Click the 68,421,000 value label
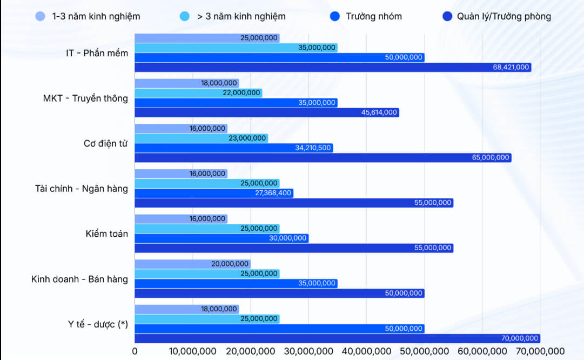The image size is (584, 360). click(x=511, y=68)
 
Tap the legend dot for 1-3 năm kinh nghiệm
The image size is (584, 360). click(x=41, y=16)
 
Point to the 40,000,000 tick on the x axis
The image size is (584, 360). click(x=366, y=351)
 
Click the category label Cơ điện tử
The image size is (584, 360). click(x=106, y=143)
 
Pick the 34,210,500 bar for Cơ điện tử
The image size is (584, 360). click(x=233, y=148)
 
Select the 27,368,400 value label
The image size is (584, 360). click(x=273, y=193)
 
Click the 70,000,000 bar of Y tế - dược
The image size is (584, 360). click(x=337, y=338)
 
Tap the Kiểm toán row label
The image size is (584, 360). click(x=107, y=234)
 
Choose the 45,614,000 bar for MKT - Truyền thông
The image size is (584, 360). click(x=266, y=112)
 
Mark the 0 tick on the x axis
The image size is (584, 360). click(x=135, y=351)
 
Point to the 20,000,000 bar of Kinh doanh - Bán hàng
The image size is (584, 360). click(x=192, y=264)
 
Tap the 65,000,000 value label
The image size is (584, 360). click(x=491, y=157)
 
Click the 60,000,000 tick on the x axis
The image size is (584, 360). click(x=482, y=351)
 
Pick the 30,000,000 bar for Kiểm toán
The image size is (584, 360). click(x=221, y=238)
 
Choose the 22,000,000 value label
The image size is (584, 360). click(x=241, y=93)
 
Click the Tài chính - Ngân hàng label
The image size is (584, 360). click(x=81, y=189)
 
